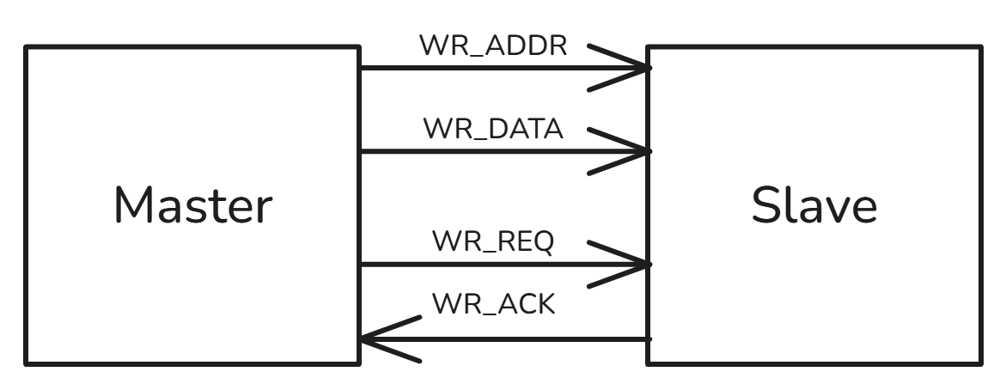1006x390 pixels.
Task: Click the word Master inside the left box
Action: [x=193, y=204]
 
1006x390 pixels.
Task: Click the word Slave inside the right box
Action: [x=814, y=204]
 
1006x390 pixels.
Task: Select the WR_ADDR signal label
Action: [x=493, y=46]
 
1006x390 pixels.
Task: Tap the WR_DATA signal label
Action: [x=493, y=129]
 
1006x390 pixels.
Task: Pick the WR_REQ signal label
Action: [x=493, y=242]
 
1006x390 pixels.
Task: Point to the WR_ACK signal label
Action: [x=493, y=303]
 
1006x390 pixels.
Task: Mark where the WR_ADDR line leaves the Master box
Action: [x=360, y=67]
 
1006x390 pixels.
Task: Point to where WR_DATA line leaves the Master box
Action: [x=360, y=151]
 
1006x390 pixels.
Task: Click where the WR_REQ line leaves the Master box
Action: [x=360, y=265]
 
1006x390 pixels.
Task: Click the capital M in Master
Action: [x=133, y=204]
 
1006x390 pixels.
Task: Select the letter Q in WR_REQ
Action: [x=543, y=242]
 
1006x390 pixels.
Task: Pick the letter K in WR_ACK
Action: [x=546, y=303]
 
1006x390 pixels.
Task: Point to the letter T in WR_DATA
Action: [x=531, y=129]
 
